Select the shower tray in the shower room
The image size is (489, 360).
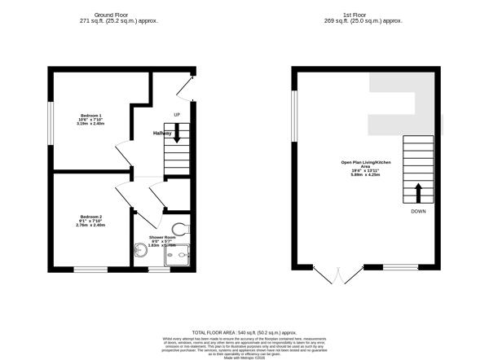point(177,255)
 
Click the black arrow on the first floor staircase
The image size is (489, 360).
point(418,192)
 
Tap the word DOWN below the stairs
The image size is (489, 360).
point(418,212)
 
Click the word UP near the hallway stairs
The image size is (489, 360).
point(176,115)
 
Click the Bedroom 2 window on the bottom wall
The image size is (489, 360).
point(90,269)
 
